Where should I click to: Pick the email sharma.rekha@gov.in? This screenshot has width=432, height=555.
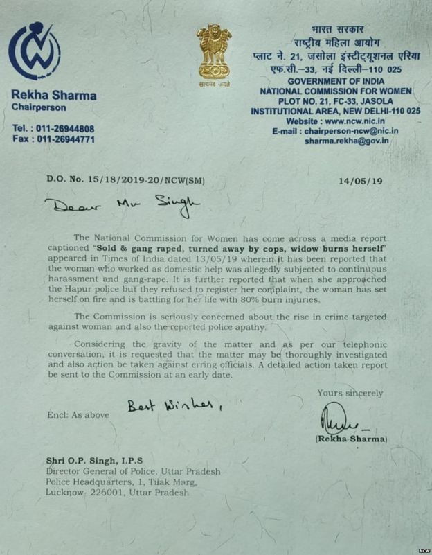tap(347, 140)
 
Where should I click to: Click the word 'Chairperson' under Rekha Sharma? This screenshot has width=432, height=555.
tap(39, 107)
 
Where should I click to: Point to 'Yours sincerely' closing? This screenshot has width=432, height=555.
tap(350, 393)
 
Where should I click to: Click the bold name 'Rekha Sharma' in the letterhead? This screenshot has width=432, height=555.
tap(54, 95)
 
